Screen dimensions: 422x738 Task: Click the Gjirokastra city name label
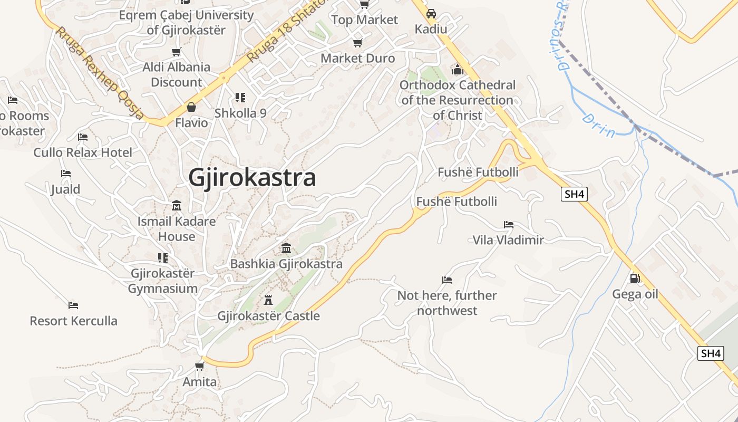(252, 178)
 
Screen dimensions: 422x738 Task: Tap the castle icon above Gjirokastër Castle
(268, 300)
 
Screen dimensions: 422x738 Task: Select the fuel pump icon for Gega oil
(635, 278)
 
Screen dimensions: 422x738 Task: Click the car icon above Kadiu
(431, 14)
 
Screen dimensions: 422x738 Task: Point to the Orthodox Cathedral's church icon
(457, 70)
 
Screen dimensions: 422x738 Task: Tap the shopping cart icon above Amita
(199, 366)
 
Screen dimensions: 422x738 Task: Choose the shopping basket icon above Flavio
(191, 107)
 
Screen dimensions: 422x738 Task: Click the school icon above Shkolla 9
(240, 98)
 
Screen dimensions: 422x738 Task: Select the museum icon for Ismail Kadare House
(177, 205)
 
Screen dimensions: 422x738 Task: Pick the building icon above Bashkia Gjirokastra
(286, 248)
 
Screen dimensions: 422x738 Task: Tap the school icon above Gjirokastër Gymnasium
(162, 257)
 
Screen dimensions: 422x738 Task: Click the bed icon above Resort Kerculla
(73, 305)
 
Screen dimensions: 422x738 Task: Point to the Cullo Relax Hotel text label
(83, 152)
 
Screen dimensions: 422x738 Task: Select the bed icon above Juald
(65, 173)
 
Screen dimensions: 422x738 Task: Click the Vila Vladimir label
(508, 240)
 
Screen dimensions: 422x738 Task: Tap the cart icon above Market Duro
(357, 43)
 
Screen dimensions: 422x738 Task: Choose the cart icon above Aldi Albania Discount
(177, 52)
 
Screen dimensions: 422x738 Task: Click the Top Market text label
(364, 20)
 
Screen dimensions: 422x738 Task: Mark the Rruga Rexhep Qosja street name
(100, 73)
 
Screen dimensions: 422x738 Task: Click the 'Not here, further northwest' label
(447, 303)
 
